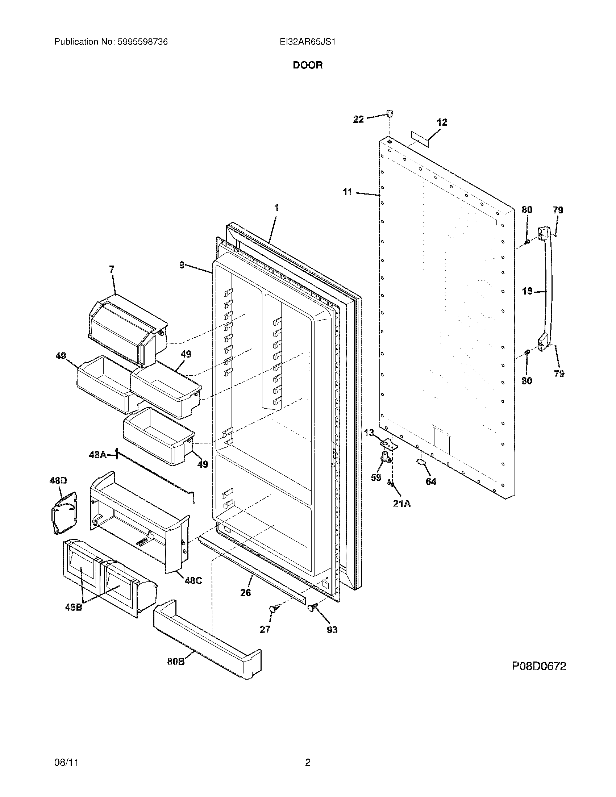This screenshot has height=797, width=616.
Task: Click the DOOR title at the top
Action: [x=308, y=65]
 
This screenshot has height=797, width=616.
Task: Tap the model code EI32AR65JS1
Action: [x=307, y=42]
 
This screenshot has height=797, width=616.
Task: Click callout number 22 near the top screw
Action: [x=358, y=119]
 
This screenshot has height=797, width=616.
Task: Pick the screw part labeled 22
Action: [x=390, y=114]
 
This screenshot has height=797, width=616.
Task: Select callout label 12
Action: [x=442, y=122]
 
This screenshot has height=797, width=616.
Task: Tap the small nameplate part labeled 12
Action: [x=420, y=139]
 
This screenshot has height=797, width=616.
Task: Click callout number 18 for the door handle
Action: [x=527, y=291]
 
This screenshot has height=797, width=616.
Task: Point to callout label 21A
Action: [x=401, y=504]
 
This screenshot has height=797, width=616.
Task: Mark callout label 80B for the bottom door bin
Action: [x=176, y=661]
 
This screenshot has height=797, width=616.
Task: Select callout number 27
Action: [x=265, y=629]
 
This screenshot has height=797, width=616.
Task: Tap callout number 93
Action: [x=332, y=630]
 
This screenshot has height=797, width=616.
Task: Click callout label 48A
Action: [x=98, y=455]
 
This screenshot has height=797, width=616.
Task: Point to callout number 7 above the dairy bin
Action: [x=112, y=269]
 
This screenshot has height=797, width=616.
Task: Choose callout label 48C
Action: [x=193, y=580]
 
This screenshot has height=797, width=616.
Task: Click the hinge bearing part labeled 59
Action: [x=384, y=456]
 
